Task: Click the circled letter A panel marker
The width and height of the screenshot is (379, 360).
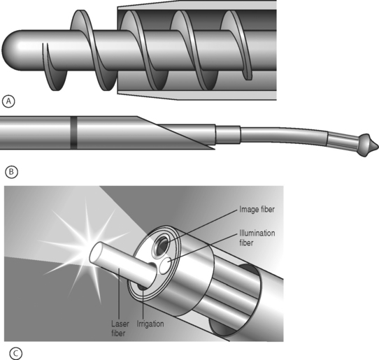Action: click(8, 101)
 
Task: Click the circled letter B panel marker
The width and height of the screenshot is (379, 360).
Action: click(11, 172)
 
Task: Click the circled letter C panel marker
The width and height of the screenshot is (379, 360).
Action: click(16, 354)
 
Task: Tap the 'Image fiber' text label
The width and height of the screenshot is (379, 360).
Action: click(257, 209)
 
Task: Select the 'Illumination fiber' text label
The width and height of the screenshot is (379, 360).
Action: click(257, 238)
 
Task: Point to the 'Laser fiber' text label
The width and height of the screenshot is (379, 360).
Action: click(120, 329)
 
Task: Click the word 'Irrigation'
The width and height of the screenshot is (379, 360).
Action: click(150, 324)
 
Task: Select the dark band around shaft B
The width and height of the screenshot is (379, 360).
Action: click(73, 133)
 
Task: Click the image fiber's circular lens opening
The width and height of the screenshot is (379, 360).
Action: click(161, 246)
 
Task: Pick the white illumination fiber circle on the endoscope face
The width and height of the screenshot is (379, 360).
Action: click(166, 266)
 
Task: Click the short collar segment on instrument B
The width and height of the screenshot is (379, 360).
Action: click(228, 135)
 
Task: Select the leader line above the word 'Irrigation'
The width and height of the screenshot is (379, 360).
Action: click(143, 304)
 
